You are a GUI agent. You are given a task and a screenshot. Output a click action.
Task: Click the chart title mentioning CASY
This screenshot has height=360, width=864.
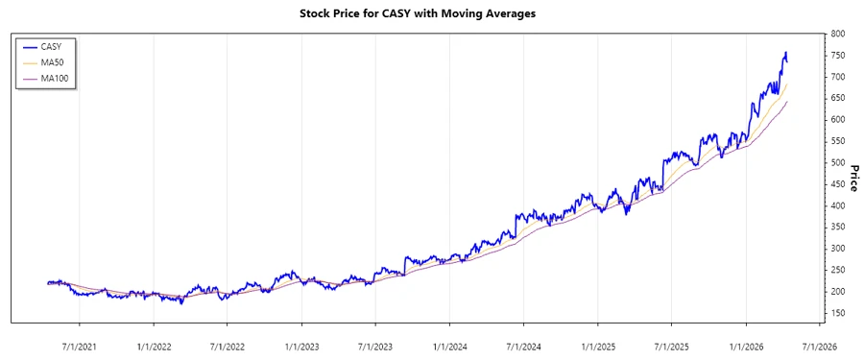(431, 14)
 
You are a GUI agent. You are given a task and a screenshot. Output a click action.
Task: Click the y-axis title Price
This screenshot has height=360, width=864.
(853, 178)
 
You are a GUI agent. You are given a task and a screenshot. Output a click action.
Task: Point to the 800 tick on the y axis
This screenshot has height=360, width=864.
(837, 34)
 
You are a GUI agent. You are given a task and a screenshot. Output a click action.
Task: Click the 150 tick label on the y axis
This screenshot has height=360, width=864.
(837, 313)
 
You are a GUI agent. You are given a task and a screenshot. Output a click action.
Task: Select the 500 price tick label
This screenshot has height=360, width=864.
(837, 162)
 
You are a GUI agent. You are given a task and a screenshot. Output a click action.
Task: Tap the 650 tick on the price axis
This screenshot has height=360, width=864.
(837, 98)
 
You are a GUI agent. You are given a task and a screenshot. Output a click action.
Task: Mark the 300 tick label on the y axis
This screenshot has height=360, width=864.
(837, 249)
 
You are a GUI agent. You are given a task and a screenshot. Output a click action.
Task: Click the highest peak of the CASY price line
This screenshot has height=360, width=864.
(785, 52)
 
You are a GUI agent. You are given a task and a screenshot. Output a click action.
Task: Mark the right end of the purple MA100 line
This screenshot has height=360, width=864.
(787, 101)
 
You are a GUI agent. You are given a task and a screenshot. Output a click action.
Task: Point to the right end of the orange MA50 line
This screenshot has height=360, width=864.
(787, 84)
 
